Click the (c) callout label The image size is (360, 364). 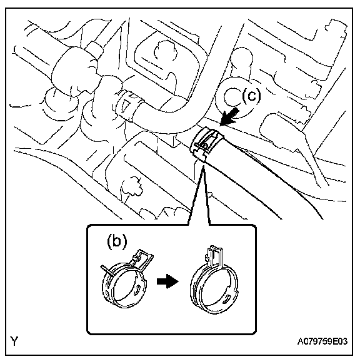pyautogui.click(x=251, y=96)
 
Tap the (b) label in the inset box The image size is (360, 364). pyautogui.click(x=117, y=241)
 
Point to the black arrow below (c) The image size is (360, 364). pyautogui.click(x=229, y=116)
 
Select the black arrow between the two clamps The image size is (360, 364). pyautogui.click(x=167, y=281)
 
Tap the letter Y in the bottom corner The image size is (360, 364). pyautogui.click(x=14, y=341)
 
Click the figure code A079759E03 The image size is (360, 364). pyautogui.click(x=322, y=341)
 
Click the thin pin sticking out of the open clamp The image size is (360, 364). pyautogui.click(x=107, y=271)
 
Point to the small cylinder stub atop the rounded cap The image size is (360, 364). pyautogui.click(x=94, y=49)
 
